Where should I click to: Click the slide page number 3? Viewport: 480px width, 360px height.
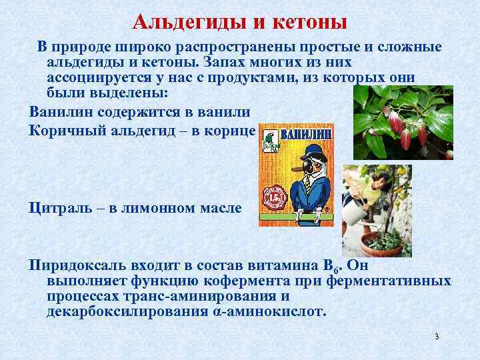(437, 336)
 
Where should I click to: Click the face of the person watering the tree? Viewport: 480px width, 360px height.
(365, 179)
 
